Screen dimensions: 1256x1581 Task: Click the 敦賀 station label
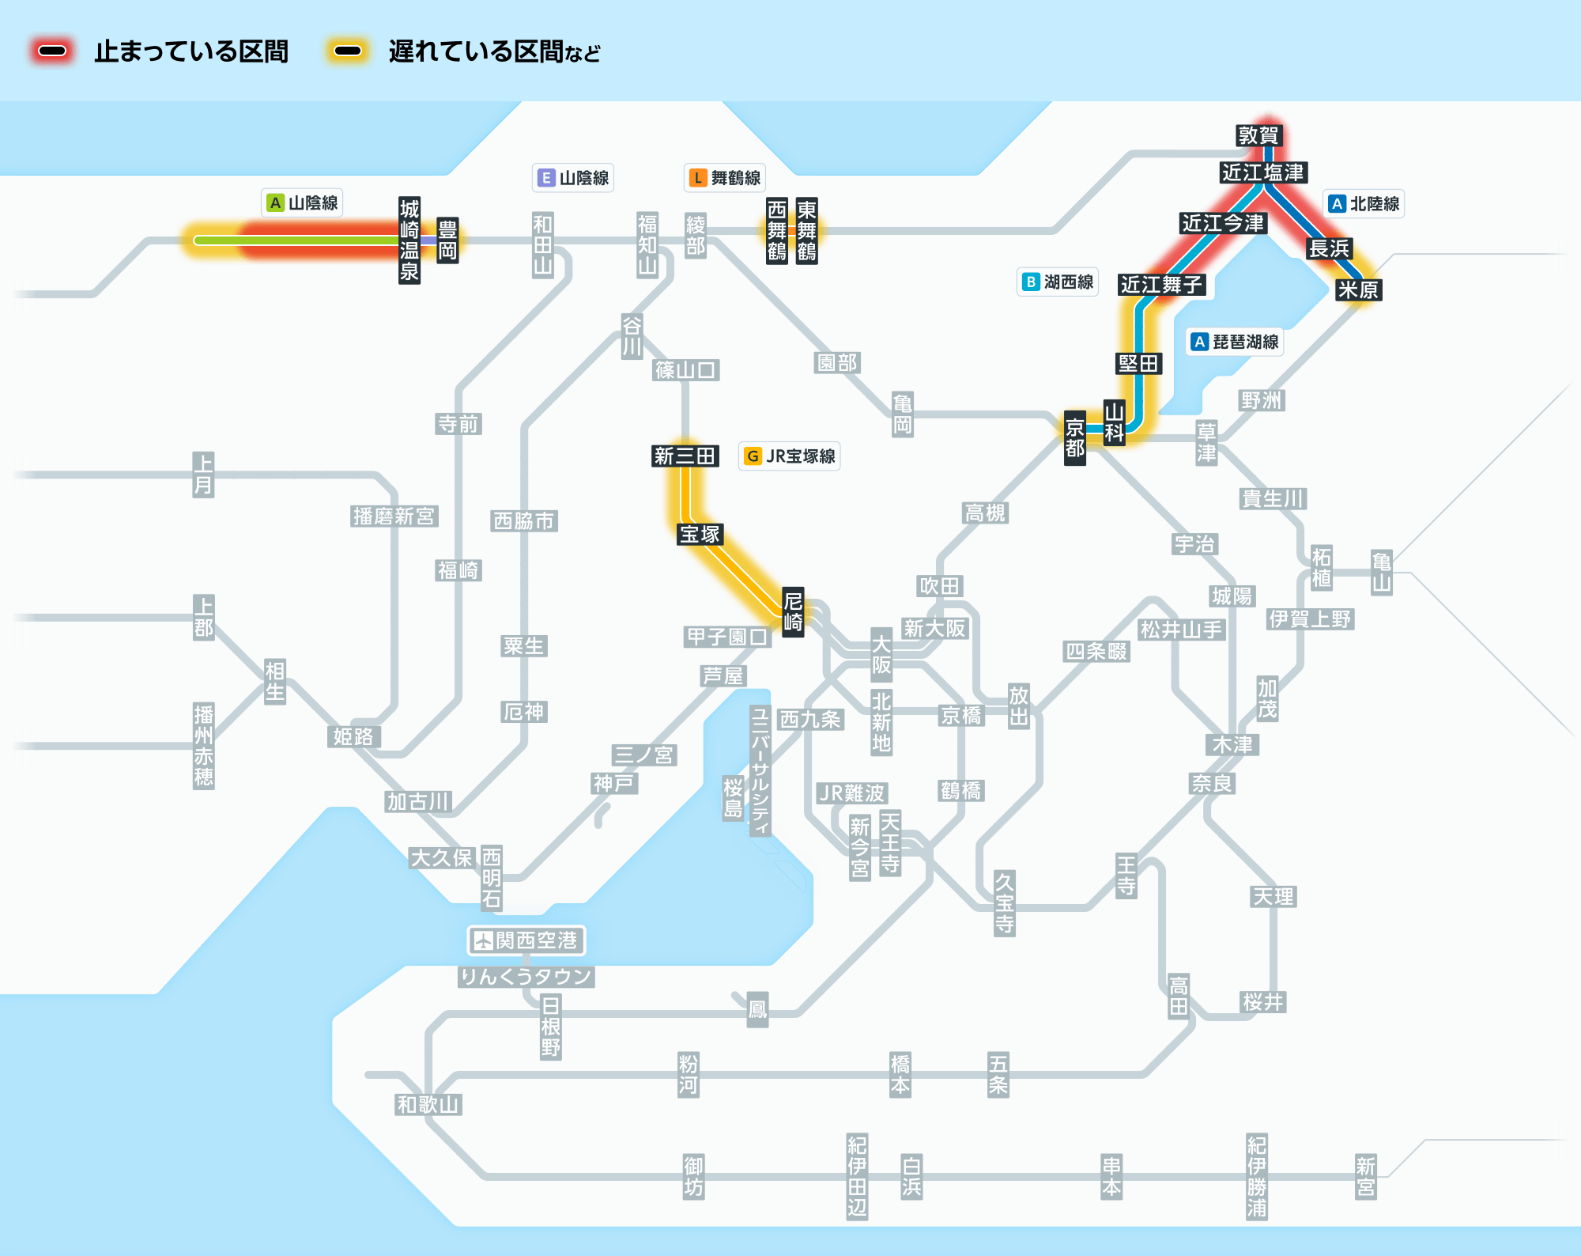1258,135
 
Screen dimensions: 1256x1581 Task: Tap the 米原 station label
1358,290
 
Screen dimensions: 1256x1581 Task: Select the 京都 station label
1075,438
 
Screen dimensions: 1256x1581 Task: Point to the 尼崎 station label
793,611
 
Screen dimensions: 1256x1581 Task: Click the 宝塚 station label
700,535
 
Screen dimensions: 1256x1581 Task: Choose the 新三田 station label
685,456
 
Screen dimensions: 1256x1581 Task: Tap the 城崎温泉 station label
409,240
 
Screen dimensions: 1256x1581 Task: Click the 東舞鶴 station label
807,230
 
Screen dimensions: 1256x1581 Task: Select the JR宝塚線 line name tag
790,456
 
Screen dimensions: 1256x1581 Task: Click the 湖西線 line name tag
1058,282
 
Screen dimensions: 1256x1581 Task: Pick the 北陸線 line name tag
1364,204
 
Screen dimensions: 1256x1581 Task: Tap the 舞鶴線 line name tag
725,178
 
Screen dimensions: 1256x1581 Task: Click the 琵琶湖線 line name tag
1235,342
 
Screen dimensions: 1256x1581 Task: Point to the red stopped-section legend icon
53,51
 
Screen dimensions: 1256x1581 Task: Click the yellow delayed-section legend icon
348,51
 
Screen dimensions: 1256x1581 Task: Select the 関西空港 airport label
526,940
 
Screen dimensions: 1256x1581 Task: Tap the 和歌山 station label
428,1105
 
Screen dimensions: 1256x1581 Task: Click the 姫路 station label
353,737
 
